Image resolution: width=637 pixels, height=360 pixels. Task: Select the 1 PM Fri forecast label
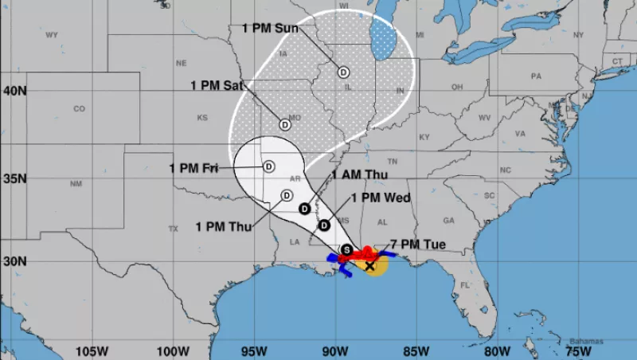(x=193, y=167)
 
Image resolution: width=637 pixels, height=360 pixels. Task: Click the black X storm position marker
(x=370, y=265)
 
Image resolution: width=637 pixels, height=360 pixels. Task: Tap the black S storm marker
(x=346, y=250)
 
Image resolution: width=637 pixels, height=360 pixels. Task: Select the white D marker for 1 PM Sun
(x=343, y=72)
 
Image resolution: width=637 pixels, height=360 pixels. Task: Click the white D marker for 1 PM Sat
(x=285, y=124)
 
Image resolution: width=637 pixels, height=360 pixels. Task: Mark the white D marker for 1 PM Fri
(x=268, y=166)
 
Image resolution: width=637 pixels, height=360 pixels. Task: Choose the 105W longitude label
(x=92, y=350)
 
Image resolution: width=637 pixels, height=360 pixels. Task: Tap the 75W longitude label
(x=577, y=350)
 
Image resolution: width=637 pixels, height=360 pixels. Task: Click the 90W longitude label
(x=334, y=350)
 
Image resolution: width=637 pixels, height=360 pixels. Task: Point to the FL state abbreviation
(x=465, y=284)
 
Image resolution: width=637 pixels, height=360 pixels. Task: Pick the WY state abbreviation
(x=53, y=35)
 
